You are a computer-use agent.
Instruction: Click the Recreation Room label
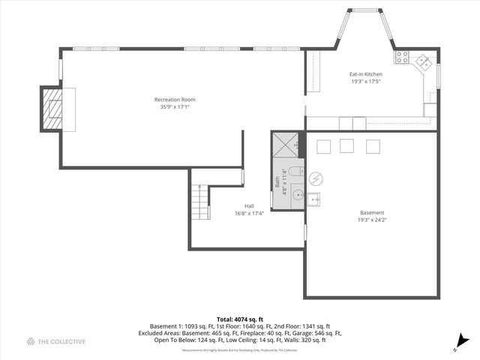click(x=174, y=100)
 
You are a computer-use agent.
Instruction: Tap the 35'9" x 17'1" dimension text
click(x=174, y=106)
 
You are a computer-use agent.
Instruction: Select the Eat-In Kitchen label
click(x=365, y=74)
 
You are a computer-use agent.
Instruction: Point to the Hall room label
click(x=249, y=205)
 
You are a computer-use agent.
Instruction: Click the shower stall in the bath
click(x=286, y=145)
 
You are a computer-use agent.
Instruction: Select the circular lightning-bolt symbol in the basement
click(x=316, y=178)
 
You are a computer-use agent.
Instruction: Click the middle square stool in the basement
click(x=346, y=145)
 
